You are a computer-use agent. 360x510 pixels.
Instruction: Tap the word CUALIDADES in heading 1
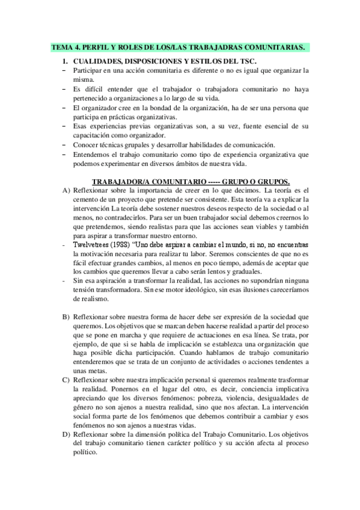coord(99,61)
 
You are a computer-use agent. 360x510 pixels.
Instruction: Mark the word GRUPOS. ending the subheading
coord(272,181)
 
